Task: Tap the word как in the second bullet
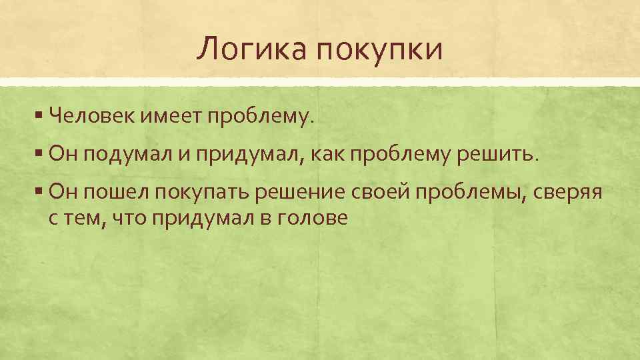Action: (x=331, y=155)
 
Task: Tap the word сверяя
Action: (x=569, y=194)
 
